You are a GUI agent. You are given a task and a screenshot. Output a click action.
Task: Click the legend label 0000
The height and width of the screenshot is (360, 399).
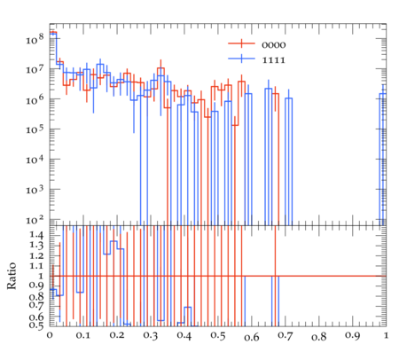[274, 45]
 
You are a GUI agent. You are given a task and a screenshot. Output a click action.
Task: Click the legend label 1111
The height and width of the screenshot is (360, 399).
[274, 60]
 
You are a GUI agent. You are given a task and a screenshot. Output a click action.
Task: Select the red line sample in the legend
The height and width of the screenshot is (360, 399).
[241, 43]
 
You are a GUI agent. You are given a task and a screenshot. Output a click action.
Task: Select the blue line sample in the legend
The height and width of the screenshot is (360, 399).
[241, 59]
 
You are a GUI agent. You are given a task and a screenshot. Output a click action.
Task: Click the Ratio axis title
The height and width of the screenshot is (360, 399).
[12, 276]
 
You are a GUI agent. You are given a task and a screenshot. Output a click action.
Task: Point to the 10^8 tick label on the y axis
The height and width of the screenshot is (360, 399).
[35, 38]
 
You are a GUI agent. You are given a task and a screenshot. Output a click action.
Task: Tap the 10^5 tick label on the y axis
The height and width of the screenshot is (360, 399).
[35, 129]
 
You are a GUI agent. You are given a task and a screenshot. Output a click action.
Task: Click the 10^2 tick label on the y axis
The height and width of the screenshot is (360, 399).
[35, 220]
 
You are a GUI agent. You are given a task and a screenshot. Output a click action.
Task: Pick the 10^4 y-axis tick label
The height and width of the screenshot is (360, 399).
[35, 160]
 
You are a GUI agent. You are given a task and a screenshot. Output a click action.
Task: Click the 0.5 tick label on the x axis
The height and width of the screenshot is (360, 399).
[218, 335]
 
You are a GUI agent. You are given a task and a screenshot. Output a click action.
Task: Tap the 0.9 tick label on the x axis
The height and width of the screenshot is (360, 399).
[353, 335]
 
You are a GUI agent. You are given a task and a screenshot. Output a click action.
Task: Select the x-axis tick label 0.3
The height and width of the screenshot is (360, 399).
[151, 335]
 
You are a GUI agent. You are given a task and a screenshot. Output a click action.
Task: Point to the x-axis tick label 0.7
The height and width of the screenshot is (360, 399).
[286, 335]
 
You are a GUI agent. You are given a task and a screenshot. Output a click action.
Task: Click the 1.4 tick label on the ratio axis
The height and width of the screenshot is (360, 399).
[36, 235]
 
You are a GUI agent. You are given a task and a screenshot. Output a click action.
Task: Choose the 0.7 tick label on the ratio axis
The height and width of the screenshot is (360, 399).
[36, 305]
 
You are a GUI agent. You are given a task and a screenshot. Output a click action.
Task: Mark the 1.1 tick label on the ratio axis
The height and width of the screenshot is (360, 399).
[36, 265]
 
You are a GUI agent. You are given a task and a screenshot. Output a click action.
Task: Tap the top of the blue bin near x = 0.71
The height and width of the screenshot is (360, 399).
[289, 98]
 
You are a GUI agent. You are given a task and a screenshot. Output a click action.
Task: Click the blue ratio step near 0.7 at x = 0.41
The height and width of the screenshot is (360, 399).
[188, 307]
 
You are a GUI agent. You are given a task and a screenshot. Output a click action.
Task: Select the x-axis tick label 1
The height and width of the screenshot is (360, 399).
[387, 335]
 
